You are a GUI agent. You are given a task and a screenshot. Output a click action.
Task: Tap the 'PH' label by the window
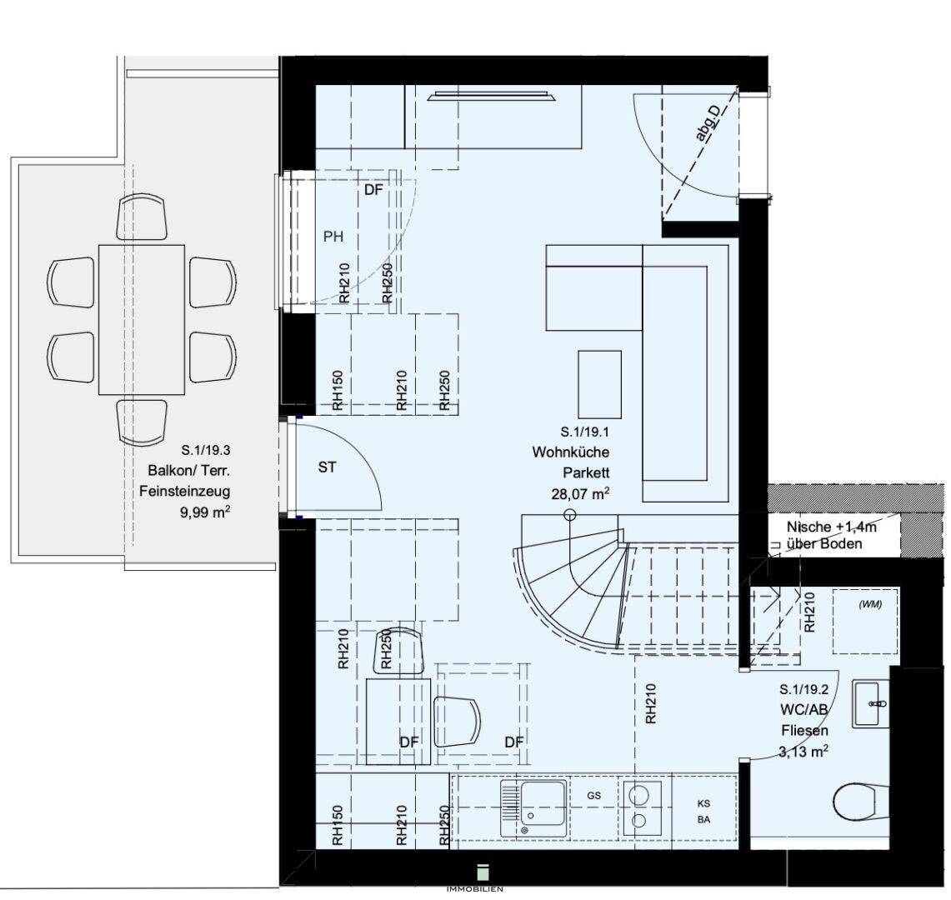coord(333,237)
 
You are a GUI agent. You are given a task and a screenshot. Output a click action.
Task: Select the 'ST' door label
coord(327,467)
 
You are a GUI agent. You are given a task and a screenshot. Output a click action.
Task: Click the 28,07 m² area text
coord(580,493)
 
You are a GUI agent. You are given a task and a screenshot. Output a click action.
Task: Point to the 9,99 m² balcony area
coord(205,512)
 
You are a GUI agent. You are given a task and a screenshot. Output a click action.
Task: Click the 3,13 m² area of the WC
coord(803,752)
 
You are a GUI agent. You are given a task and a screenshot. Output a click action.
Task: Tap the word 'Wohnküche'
coord(571,452)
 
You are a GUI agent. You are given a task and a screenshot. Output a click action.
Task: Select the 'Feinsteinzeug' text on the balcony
coord(185,491)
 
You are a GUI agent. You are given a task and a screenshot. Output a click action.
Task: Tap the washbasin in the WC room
coord(871,703)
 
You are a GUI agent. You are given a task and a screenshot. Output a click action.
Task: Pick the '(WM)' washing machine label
coord(870,605)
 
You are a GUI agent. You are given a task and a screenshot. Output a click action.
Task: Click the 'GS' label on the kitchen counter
coord(593,796)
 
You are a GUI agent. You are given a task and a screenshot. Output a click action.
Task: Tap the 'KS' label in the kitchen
coord(703,804)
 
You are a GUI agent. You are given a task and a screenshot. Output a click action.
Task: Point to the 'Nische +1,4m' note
coord(832,527)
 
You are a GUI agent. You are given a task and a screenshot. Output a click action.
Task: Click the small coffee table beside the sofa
coord(599,384)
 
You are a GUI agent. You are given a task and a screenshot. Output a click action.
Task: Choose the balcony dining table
coord(142,320)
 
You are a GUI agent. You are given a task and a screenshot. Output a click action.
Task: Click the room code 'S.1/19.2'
coord(803,690)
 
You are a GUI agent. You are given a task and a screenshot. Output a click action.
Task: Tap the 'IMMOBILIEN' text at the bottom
coord(475,889)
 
